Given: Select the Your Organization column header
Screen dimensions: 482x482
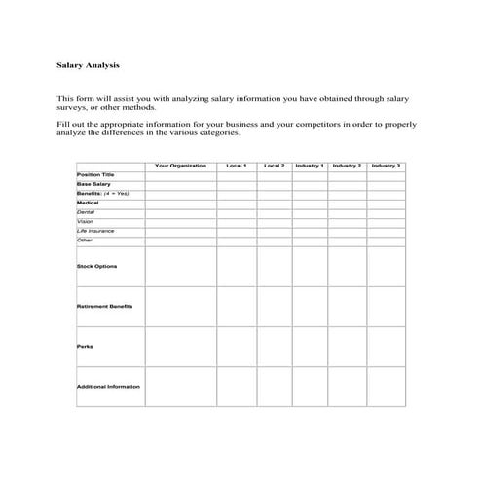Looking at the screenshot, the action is tap(180, 166).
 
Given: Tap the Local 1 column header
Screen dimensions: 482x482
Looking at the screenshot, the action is tap(236, 166).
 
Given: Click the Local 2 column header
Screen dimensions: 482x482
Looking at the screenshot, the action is tap(275, 166).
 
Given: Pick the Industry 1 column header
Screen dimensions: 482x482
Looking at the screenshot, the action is tap(309, 166).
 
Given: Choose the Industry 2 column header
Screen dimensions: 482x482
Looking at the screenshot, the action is tap(347, 166).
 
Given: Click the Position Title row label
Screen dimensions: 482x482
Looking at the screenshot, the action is tap(93, 175).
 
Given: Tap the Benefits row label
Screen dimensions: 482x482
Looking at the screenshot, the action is tap(102, 194).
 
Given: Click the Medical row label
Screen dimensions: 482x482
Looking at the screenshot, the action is tap(88, 203).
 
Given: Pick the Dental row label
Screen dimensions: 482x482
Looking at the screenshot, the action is tap(86, 211).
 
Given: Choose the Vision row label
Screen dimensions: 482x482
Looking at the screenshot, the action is tap(86, 221).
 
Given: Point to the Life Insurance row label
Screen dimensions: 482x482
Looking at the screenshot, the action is tap(95, 230).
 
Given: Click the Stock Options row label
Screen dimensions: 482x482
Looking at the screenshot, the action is tap(95, 265).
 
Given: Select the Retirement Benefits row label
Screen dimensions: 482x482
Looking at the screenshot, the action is tap(104, 306).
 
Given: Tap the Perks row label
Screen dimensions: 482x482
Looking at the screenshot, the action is tap(85, 346).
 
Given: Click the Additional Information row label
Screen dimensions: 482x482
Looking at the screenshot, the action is tap(108, 386).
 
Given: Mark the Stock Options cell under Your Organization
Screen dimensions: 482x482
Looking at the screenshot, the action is tap(180, 266).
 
